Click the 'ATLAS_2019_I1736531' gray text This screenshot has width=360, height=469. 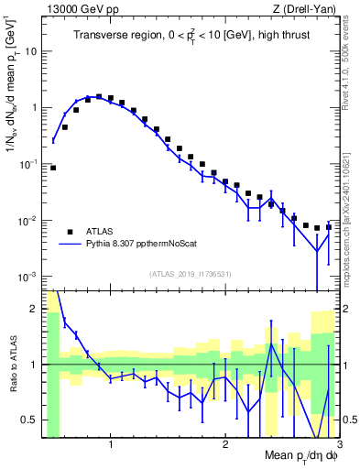tap(191, 273)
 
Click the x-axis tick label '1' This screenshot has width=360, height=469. tap(111, 447)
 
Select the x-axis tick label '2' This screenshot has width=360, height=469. tap(224, 447)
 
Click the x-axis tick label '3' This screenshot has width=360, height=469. tap(338, 447)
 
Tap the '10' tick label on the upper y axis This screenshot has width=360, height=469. tap(27, 51)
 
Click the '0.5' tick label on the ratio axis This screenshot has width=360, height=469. tap(27, 420)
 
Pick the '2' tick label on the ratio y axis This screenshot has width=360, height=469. tap(32, 309)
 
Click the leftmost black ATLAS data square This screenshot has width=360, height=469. tap(53, 168)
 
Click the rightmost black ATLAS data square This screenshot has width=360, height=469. tap(328, 226)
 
